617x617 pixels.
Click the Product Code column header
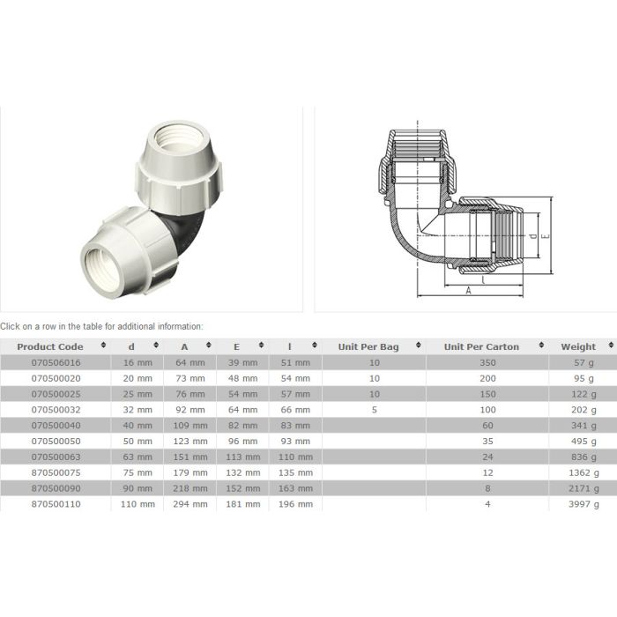49,346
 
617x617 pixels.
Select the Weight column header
577,346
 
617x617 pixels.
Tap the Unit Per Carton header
479,346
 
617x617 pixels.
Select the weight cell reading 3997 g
583,504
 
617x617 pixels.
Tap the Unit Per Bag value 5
375,409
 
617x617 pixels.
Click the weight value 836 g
584,457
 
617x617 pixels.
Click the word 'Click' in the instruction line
11,326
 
